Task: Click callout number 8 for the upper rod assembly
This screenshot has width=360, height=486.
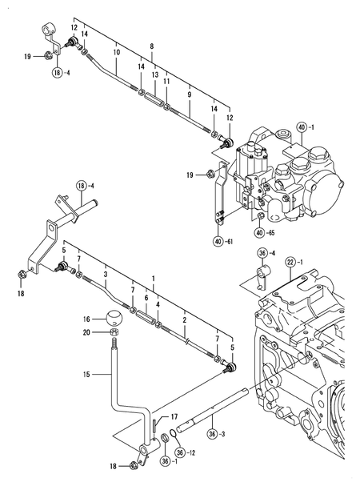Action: coord(151,46)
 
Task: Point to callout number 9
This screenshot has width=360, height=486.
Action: coord(189,94)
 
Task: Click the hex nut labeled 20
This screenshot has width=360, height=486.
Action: coord(114,332)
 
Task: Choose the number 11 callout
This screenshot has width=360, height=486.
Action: coord(166,81)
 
